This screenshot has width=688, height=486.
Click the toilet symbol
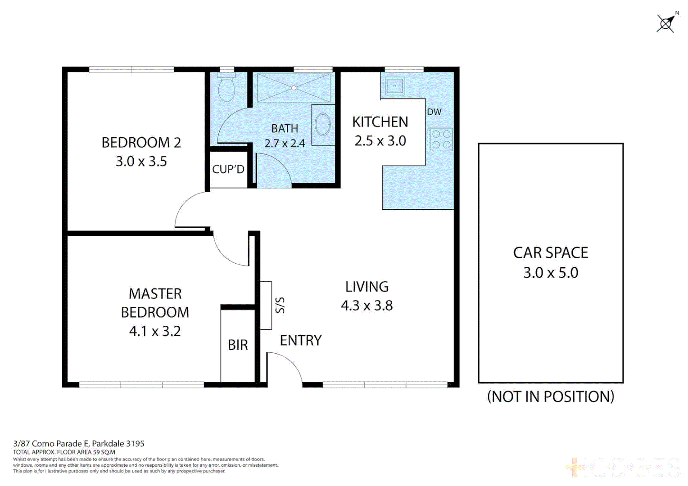(x=226, y=89)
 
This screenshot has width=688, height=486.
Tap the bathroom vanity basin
(x=323, y=124)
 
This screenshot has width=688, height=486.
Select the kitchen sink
(x=395, y=85)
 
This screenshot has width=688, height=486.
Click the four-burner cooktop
(x=440, y=139)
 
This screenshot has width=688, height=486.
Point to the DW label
(x=434, y=112)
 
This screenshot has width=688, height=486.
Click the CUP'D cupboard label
(x=228, y=169)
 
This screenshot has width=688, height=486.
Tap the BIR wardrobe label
(x=238, y=345)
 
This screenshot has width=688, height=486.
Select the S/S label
(x=280, y=305)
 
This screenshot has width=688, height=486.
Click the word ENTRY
(x=301, y=341)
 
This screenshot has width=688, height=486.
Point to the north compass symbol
(x=666, y=23)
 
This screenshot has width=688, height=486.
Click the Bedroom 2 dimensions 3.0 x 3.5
(x=141, y=162)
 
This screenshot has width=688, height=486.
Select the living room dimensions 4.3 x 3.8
(x=367, y=306)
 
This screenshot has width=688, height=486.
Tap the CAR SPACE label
(x=550, y=253)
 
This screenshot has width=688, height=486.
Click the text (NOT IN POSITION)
(x=550, y=397)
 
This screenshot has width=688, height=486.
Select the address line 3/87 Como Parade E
(x=79, y=444)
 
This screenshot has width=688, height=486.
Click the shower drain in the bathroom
(x=294, y=88)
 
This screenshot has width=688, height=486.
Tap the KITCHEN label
(x=380, y=122)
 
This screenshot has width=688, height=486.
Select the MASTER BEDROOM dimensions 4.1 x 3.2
(x=155, y=332)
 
